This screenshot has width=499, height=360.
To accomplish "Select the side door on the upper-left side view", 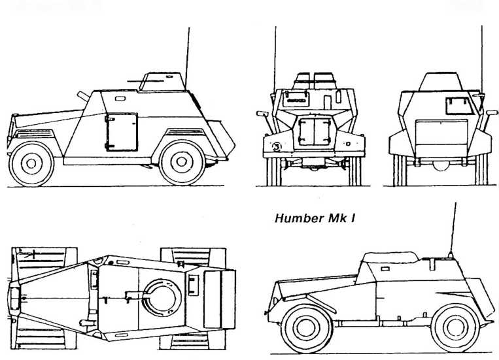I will coord(122,131).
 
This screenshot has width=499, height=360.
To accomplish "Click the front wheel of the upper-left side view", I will coord(31,163).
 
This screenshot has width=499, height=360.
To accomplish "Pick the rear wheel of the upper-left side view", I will coord(182,163).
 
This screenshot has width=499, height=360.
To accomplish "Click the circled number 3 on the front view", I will coord(277,146).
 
